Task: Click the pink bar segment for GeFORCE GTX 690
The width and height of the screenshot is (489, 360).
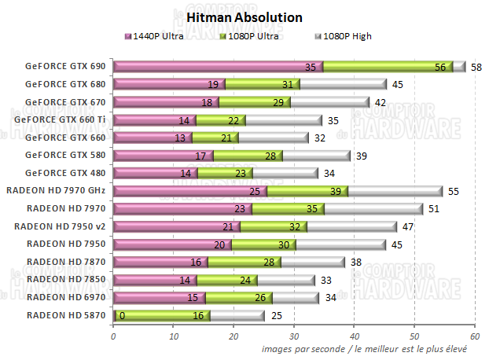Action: click(219, 67)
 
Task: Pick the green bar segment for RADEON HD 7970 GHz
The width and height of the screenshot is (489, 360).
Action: click(307, 191)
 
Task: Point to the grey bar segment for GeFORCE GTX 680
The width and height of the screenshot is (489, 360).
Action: click(343, 84)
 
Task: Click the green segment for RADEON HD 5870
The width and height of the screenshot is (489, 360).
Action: click(163, 316)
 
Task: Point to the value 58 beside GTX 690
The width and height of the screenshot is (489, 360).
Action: click(476, 68)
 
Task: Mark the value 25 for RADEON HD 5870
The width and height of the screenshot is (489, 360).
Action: click(277, 316)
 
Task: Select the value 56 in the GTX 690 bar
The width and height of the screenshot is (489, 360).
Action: click(440, 68)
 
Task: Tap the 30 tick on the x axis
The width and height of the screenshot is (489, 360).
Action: click(293, 336)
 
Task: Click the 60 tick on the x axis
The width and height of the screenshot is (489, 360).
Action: click(474, 336)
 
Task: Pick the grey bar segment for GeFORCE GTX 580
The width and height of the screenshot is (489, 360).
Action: click(315, 155)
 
